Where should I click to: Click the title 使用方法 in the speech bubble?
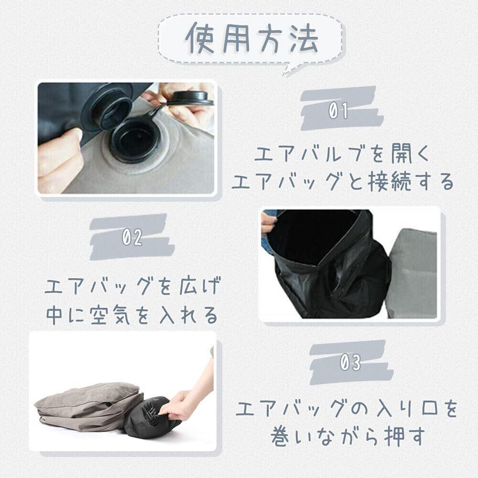(x=252, y=39)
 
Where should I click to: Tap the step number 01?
(x=338, y=110)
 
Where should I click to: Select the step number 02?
(x=132, y=238)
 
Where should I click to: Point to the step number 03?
(x=350, y=363)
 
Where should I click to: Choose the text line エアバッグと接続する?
(x=343, y=181)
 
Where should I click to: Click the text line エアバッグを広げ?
(x=132, y=286)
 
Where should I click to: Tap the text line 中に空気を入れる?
(x=132, y=315)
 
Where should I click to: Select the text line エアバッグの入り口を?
(x=347, y=409)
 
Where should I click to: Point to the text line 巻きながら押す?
(x=348, y=436)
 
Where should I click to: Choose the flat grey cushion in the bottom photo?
(x=88, y=407)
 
